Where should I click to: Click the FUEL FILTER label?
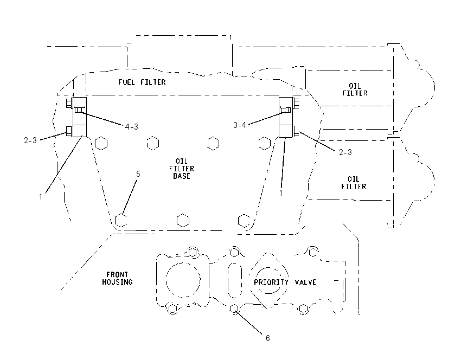142,82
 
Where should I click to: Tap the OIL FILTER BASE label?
181,169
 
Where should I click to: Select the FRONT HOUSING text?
117,278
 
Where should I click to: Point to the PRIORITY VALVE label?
285,282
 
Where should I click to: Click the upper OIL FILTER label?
355,89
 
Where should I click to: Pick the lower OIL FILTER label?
354,183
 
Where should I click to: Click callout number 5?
138,174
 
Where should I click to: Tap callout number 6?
267,338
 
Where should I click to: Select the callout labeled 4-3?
131,127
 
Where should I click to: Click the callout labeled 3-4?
239,125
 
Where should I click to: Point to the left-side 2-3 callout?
30,140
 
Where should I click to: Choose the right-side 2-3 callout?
345,152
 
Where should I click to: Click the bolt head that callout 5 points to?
120,220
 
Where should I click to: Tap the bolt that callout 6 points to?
234,308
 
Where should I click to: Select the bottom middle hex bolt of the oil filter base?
183,221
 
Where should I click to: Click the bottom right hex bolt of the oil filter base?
244,221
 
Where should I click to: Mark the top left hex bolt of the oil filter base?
101,144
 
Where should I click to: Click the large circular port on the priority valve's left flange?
183,280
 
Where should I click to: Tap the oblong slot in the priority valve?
235,280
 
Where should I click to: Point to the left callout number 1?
41,197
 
